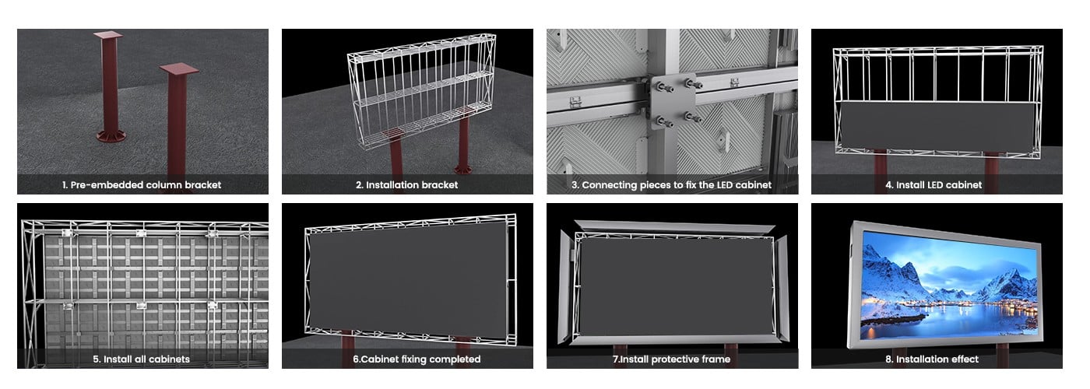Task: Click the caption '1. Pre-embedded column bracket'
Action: click(x=142, y=185)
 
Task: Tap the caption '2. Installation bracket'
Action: click(x=406, y=185)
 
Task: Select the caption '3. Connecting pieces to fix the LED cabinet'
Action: click(x=671, y=185)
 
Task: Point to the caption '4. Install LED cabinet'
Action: click(x=934, y=185)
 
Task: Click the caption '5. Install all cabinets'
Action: click(x=141, y=359)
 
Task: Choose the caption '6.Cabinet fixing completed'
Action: click(x=417, y=359)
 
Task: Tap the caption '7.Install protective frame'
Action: click(x=671, y=359)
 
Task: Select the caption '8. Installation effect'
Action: click(x=931, y=359)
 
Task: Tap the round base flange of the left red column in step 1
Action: click(x=111, y=136)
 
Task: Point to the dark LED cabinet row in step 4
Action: click(x=937, y=125)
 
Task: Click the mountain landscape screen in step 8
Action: click(x=949, y=287)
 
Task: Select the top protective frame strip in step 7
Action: click(x=674, y=226)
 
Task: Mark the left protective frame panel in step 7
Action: click(x=565, y=287)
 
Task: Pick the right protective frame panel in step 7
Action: click(x=782, y=288)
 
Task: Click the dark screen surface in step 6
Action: click(x=409, y=281)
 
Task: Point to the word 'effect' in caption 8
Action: click(x=962, y=359)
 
